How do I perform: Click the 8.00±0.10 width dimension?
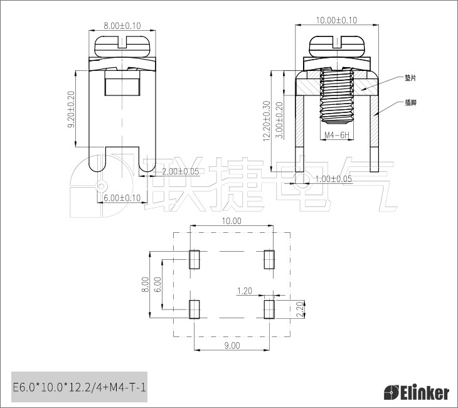click(122, 26)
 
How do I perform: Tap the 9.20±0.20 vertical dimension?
click(71, 109)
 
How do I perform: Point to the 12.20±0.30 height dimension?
click(267, 121)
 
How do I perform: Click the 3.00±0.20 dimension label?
click(279, 120)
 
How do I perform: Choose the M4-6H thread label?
click(337, 135)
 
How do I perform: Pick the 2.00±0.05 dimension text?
click(181, 171)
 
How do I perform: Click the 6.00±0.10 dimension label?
click(122, 198)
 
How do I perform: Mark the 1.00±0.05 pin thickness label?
click(334, 178)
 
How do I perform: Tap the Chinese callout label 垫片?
click(410, 78)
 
